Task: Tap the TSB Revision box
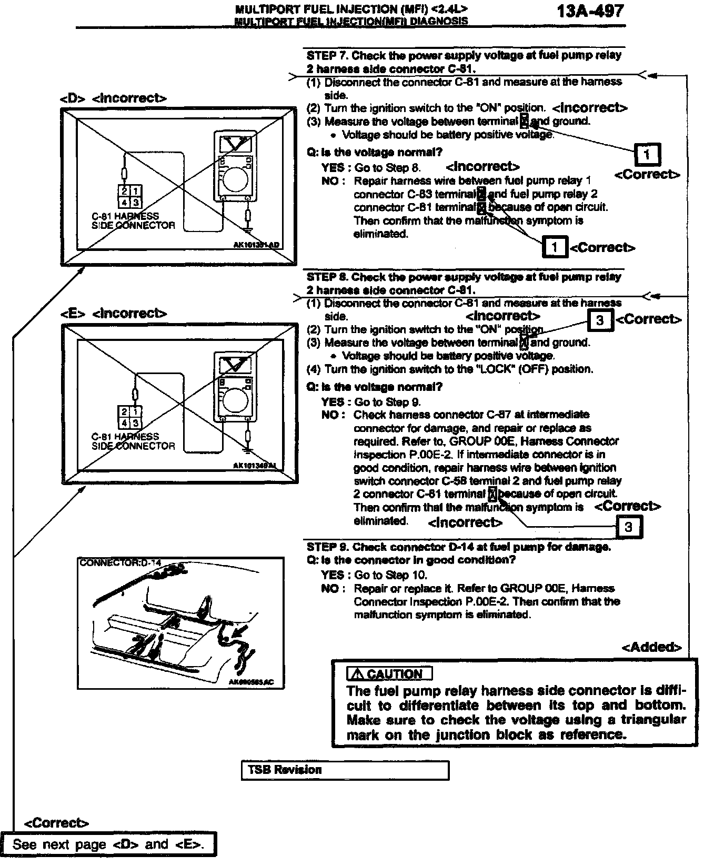[345, 770]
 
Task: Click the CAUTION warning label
[389, 674]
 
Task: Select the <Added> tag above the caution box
[651, 647]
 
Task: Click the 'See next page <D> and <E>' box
[108, 844]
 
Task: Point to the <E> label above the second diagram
[72, 314]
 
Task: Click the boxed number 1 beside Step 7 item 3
[647, 155]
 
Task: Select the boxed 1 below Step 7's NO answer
[554, 247]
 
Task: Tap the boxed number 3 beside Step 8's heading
[600, 319]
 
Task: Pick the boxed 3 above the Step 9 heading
[628, 526]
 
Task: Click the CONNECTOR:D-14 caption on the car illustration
[120, 562]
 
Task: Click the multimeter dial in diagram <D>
[234, 179]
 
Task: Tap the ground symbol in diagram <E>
[248, 450]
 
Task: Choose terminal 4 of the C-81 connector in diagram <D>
[124, 202]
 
